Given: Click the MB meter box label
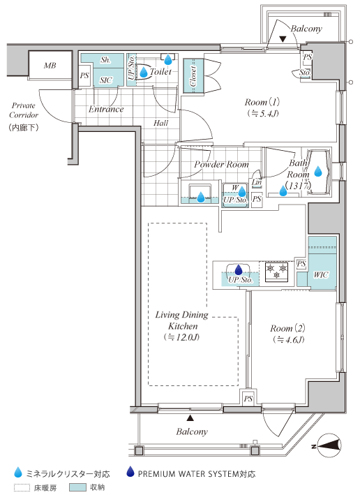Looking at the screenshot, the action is coord(50,66).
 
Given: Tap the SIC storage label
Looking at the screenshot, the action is coord(105,80).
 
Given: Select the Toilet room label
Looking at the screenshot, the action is coord(160,72).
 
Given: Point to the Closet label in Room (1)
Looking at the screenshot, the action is coord(193,76).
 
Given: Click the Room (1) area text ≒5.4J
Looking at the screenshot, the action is coord(262,113).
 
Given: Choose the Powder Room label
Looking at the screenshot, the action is coord(221,164).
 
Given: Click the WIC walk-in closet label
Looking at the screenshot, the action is coord(320,274).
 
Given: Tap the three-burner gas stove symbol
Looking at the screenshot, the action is coord(276,272).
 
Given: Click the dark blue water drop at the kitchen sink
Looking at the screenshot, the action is coord(239,269).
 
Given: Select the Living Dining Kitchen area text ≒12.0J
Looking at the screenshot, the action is coord(181,337).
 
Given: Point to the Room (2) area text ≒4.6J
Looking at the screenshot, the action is coord(288,340).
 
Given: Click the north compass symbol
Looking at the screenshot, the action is coord(329,445).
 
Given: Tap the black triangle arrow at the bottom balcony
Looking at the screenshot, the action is coord(190,418).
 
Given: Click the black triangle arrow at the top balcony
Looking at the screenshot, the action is coord(283,39).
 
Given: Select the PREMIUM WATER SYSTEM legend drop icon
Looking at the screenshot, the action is coord(130,472).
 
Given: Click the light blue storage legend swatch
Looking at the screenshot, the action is coord(77,487).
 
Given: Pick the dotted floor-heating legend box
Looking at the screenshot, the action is coord(22,487).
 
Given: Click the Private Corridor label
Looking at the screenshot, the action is coord(23,110).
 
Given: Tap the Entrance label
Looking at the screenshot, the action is coord(106,109).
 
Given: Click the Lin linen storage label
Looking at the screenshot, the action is coord(257,182).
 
